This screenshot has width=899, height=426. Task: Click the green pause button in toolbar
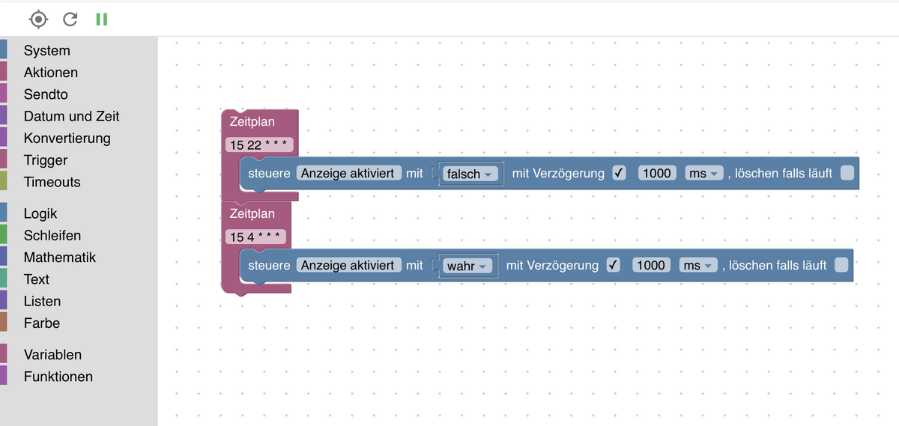tap(102, 19)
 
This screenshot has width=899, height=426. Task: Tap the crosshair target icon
tap(38, 19)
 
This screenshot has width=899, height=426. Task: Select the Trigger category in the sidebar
tap(46, 160)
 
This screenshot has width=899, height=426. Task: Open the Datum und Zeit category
tap(71, 116)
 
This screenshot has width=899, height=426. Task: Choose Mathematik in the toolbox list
tap(60, 257)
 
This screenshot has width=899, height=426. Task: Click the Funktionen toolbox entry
tap(58, 377)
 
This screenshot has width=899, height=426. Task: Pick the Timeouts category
tap(52, 182)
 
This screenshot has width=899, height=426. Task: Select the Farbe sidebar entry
tap(42, 323)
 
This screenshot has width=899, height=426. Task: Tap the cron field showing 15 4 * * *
tap(255, 237)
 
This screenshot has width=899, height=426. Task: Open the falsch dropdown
tap(470, 174)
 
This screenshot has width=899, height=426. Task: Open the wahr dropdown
tap(467, 266)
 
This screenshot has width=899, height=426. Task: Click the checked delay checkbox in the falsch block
tap(619, 173)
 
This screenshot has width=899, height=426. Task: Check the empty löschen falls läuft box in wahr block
tap(841, 265)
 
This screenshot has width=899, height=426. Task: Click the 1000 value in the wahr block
tap(651, 265)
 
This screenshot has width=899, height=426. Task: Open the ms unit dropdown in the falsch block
tap(703, 174)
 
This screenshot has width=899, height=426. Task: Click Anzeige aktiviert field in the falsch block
tap(349, 173)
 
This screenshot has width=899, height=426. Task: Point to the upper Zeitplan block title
tap(252, 121)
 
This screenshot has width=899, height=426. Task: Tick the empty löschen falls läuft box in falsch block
tap(847, 173)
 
